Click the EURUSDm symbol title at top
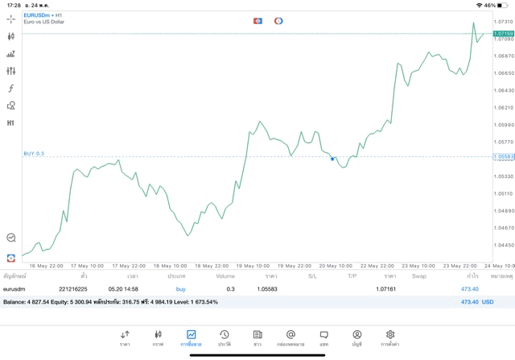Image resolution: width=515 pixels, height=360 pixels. (39, 15)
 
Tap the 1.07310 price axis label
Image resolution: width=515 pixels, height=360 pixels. (505, 22)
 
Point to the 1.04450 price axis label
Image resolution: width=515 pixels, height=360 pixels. (505, 246)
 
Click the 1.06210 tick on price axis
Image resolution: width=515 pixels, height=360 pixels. (505, 108)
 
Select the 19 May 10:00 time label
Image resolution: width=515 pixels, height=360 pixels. (252, 266)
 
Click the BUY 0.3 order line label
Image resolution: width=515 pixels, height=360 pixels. (34, 153)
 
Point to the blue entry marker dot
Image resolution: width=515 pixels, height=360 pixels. (332, 159)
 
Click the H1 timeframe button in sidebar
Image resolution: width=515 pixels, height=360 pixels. (11, 123)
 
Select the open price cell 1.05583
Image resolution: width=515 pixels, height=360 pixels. (267, 288)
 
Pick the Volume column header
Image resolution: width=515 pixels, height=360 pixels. (225, 276)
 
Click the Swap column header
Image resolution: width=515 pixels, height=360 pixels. (419, 276)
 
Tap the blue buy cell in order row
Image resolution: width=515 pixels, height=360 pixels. (180, 288)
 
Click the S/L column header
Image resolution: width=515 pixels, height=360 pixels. (312, 276)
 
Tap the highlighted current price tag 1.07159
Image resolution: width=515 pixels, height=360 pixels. (505, 33)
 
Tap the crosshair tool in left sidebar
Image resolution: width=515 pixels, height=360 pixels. (11, 19)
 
